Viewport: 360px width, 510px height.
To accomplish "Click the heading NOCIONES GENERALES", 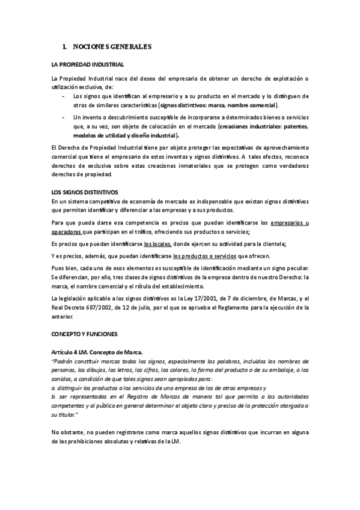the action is [112, 46].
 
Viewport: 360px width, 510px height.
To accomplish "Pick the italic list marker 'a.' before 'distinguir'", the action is [53, 389].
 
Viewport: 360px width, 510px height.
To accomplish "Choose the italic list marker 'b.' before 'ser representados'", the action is [53, 397].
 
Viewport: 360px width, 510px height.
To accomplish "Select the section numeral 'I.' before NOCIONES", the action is [65, 46].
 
